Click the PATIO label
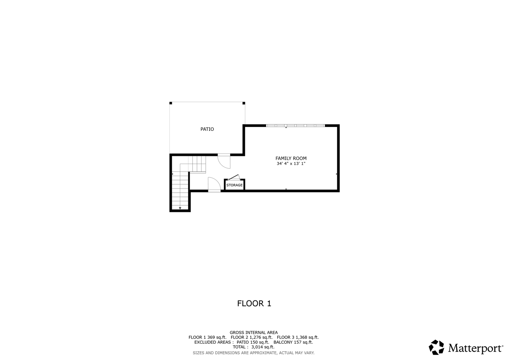(x=207, y=129)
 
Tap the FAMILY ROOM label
(x=291, y=158)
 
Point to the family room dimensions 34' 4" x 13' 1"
(x=291, y=163)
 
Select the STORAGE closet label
(x=234, y=185)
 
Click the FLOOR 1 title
(x=254, y=304)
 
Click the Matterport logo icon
(x=436, y=347)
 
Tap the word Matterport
(x=475, y=348)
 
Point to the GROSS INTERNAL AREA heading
(x=254, y=333)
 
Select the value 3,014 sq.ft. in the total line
(x=263, y=347)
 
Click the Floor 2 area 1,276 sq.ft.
(x=261, y=337)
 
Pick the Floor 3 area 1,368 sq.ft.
(x=307, y=337)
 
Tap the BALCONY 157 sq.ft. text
(x=293, y=342)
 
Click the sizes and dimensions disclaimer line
(x=254, y=353)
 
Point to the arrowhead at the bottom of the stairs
(x=180, y=208)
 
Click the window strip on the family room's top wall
(x=295, y=125)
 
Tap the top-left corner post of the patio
(x=171, y=103)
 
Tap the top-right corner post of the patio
(x=244, y=103)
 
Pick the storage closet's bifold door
(x=234, y=177)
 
